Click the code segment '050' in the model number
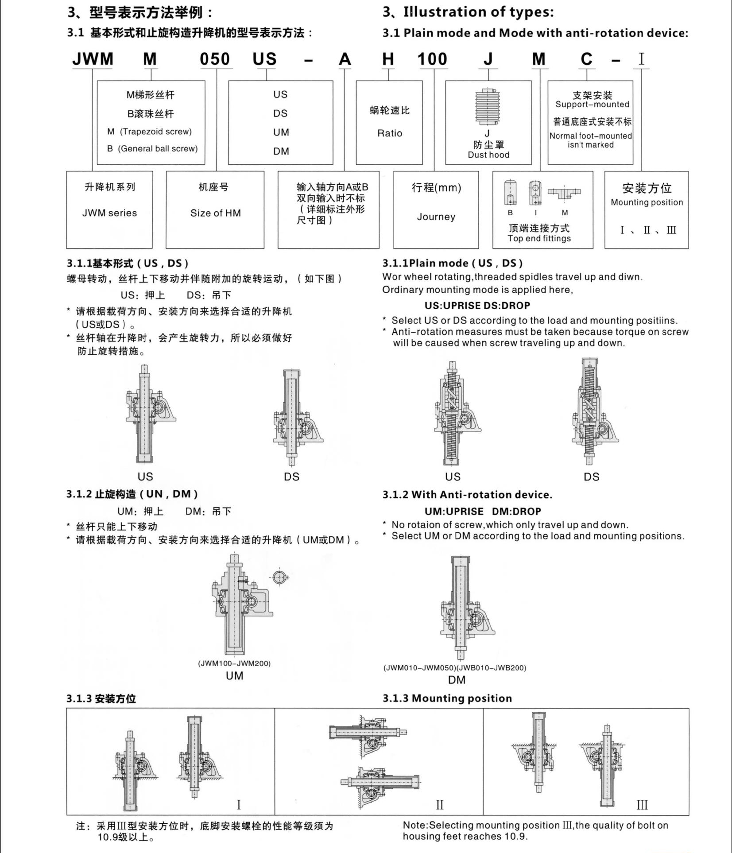pos(215,59)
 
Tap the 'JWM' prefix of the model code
pos(93,59)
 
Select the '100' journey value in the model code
pos(432,59)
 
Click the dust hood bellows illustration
pos(488,107)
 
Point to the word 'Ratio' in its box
pos(390,133)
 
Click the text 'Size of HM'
pos(216,213)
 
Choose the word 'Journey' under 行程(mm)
pos(436,217)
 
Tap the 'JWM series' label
pos(109,213)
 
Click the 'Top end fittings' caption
pos(539,238)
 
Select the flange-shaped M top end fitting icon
pos(564,194)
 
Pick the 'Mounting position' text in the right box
pos(647,202)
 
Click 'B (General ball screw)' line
pos(152,149)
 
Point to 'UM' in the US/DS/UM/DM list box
pos(281,132)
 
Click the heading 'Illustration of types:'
pos(478,12)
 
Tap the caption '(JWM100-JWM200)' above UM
pos(234,663)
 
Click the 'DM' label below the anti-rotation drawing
pos(457,680)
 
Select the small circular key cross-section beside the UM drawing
pos(279,578)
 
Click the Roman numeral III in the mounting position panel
pos(642,805)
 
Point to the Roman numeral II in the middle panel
pos(439,805)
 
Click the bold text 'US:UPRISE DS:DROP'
pos(477,306)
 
